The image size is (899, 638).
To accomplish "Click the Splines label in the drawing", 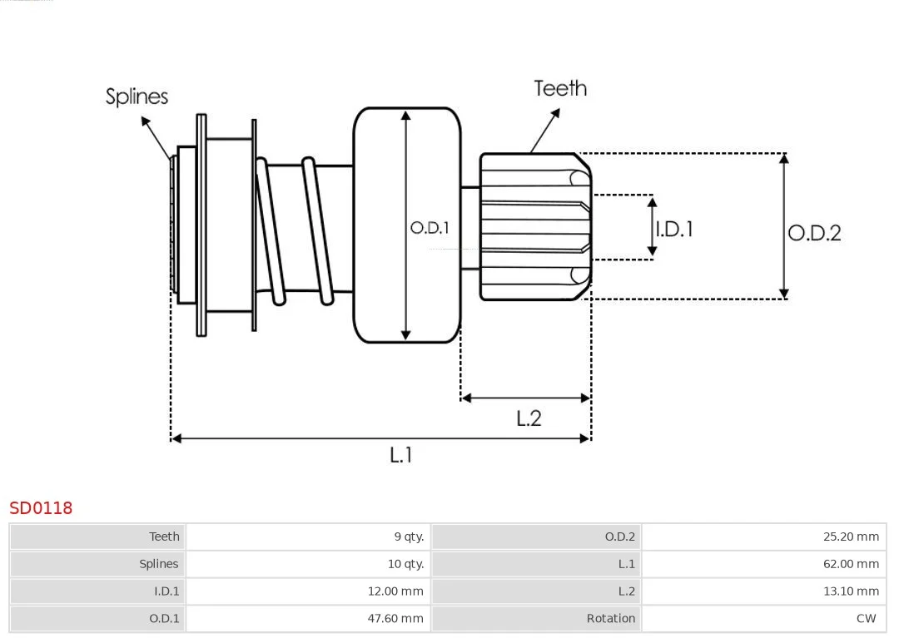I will (137, 96).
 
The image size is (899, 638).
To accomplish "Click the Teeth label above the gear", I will (560, 88).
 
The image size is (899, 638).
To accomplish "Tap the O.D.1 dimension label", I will (430, 228).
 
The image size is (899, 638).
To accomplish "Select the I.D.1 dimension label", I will (674, 229).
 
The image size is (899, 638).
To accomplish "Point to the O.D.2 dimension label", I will (814, 233).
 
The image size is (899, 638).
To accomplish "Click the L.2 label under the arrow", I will (529, 418).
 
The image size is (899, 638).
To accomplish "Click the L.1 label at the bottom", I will (401, 455).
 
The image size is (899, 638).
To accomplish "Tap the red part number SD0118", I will (41, 508).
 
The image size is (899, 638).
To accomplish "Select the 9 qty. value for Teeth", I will (409, 537).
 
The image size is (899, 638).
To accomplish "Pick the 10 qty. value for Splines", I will (405, 564).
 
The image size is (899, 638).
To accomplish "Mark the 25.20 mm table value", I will (851, 537).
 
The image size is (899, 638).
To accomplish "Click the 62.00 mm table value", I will (851, 564).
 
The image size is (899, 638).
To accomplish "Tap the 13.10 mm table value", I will (851, 591).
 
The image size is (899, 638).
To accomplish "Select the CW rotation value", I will (866, 618).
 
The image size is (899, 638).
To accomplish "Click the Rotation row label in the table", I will (610, 618).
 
